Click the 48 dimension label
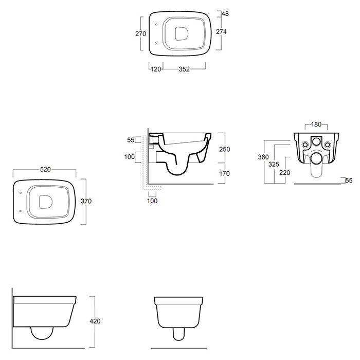coord(225,14)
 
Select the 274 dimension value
coord(221,32)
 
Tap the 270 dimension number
coord(140,34)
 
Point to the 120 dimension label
coord(156,69)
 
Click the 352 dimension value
coord(184,69)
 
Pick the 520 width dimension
coord(45,169)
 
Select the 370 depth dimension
coord(86,201)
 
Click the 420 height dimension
coord(95,321)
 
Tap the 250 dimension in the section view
coord(224,149)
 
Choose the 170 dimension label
coord(224,174)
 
